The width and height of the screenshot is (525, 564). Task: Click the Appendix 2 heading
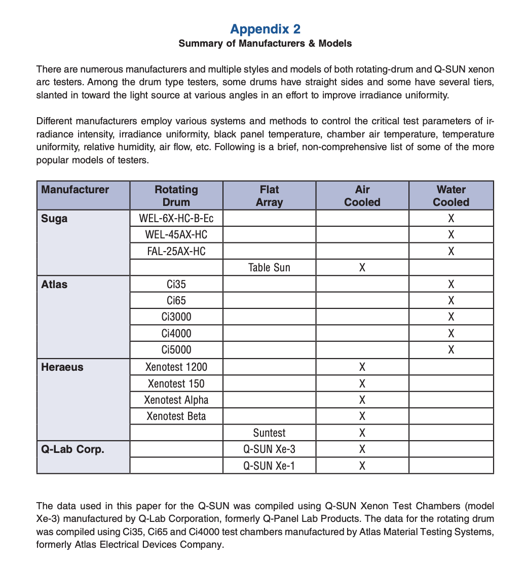[265, 28]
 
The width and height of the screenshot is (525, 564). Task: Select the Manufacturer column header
[75, 190]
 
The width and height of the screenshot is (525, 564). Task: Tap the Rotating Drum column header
[176, 196]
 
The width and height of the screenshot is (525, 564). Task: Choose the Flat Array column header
[269, 196]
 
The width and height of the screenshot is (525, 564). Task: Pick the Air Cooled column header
[362, 196]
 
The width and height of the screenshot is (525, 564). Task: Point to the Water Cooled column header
[451, 196]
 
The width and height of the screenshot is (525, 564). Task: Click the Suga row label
[54, 219]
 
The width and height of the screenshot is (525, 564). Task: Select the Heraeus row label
[62, 367]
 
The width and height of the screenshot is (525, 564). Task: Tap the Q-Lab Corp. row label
[72, 449]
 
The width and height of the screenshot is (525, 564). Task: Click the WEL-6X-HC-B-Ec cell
[176, 219]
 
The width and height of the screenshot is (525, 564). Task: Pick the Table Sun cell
[269, 268]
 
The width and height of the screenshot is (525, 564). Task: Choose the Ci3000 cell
[176, 317]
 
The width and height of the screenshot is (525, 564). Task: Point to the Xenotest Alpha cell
[176, 400]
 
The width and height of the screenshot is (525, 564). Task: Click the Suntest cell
[269, 433]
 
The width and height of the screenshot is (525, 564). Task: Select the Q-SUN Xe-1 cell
[269, 466]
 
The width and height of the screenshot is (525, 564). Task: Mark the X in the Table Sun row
[362, 268]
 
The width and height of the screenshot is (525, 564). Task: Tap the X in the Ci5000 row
[451, 350]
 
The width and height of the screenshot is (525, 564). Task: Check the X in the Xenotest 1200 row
[362, 367]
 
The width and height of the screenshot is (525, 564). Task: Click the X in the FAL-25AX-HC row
[451, 252]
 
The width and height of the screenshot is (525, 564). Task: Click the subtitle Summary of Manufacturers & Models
[265, 44]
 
